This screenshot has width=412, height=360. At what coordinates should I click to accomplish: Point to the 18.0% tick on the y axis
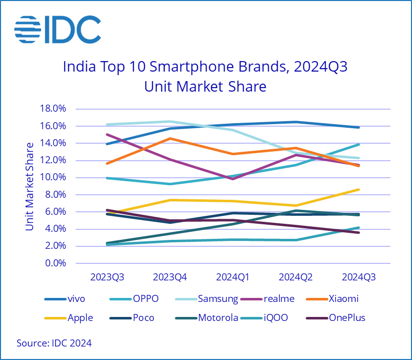(x=53, y=109)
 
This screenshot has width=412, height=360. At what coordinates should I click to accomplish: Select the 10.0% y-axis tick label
(x=53, y=178)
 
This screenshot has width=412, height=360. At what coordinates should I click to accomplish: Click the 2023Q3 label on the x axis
(x=107, y=277)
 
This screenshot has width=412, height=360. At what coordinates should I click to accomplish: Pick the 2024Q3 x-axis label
(x=358, y=277)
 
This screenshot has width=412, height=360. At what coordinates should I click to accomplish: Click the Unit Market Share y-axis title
(x=30, y=186)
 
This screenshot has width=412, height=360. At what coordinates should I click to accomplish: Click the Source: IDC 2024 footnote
(x=54, y=343)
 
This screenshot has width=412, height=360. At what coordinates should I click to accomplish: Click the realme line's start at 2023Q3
(x=106, y=134)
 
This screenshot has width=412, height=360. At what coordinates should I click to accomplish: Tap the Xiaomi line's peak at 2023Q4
(x=170, y=138)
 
